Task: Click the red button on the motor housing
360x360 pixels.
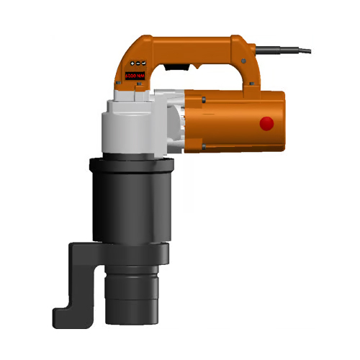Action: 267,124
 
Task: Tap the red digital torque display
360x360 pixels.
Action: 135,75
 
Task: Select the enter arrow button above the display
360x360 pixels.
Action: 141,63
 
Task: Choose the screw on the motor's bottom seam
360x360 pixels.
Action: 204,148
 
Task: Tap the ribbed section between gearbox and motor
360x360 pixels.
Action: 181,122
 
